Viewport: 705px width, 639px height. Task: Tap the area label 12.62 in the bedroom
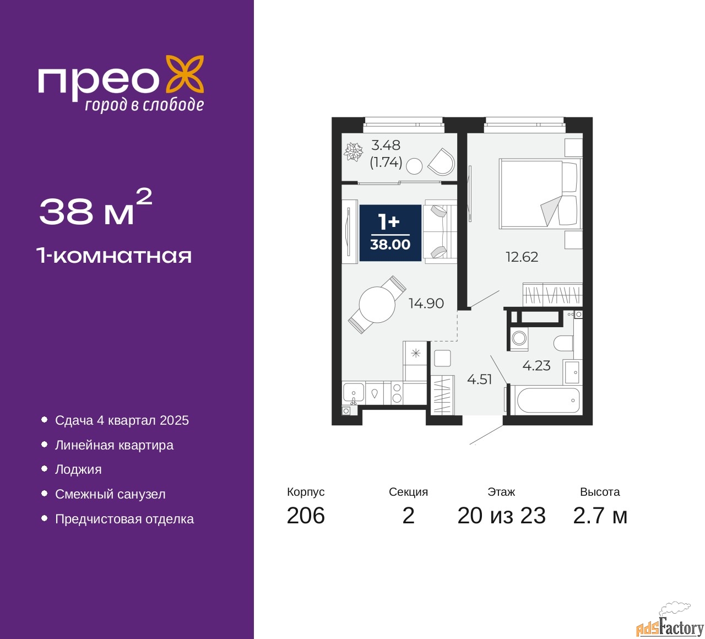522,257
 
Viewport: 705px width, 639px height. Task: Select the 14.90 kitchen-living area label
426,304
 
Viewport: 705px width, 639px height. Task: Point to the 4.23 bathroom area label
536,366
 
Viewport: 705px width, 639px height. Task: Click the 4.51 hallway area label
479,380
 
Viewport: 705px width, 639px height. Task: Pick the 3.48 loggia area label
386,145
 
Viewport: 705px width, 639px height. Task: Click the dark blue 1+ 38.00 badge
390,233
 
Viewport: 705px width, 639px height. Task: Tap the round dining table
377,305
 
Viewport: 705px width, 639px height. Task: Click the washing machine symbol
519,338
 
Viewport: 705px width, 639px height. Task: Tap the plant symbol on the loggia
353,151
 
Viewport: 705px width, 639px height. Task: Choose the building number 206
306,516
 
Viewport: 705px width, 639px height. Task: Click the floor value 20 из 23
501,516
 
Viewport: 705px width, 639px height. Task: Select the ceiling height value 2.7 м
600,516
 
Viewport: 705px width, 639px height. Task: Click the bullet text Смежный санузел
110,495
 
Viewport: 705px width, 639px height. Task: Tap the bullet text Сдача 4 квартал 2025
122,421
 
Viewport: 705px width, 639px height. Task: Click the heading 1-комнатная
114,256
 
